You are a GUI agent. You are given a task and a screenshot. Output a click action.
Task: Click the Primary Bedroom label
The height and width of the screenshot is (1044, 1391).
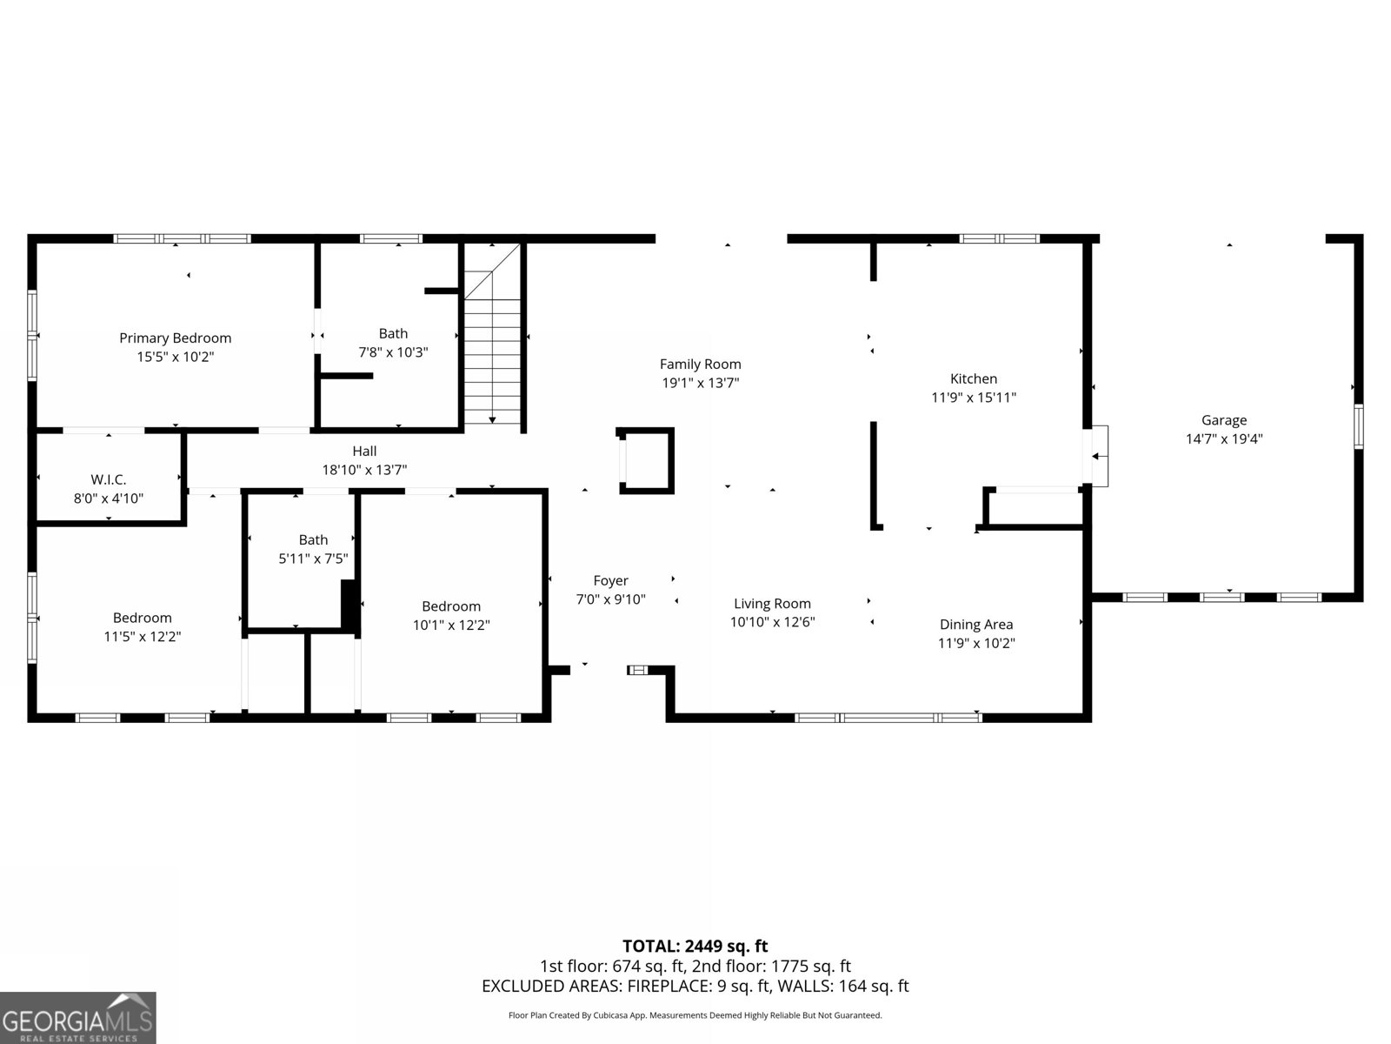[175, 338]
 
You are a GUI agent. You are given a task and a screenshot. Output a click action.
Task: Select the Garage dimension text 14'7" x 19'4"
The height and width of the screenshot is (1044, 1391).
[1223, 439]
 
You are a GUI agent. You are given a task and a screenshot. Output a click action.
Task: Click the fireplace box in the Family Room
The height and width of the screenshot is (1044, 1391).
[645, 460]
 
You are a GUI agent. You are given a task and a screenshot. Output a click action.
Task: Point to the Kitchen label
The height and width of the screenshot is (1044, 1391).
[973, 378]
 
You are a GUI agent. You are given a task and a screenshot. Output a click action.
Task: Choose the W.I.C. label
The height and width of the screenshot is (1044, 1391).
[109, 479]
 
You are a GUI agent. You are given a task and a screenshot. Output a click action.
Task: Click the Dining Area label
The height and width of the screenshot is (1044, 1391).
[975, 624]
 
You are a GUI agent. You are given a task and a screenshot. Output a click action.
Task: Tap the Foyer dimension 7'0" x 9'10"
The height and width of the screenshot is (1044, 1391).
[610, 599]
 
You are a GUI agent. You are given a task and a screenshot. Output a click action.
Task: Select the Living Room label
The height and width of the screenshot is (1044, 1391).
[772, 603]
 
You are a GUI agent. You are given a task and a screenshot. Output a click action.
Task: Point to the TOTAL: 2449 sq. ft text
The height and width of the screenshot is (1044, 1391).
[695, 946]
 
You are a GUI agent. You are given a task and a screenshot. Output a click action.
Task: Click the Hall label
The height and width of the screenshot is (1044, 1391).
[364, 451]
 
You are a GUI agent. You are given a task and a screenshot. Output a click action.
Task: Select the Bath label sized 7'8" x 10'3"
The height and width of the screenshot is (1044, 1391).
[393, 333]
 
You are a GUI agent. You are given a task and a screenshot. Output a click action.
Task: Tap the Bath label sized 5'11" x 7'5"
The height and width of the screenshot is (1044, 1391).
[313, 539]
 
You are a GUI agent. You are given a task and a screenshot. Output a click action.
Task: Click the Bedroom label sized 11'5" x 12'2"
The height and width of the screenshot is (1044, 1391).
[142, 618]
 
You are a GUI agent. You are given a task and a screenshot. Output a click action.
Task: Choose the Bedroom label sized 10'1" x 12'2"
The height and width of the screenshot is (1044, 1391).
[450, 606]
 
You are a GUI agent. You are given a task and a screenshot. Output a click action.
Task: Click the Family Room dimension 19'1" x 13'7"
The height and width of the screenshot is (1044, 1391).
[700, 383]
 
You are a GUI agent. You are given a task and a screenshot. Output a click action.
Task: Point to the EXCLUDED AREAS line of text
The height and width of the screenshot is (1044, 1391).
[695, 987]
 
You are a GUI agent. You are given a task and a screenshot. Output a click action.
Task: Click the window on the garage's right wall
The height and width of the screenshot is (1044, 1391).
[1358, 425]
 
